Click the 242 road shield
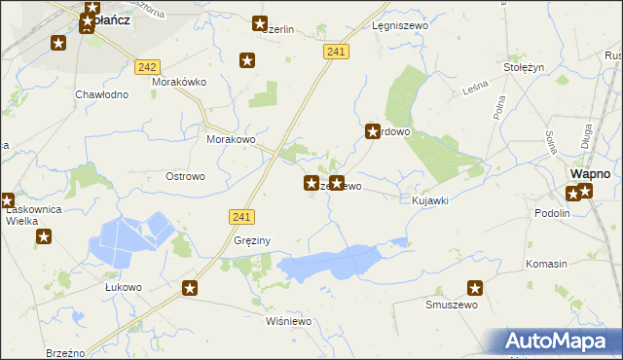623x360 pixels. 148,66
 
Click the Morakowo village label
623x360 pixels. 231,139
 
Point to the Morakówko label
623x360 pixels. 179,82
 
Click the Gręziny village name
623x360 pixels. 252,240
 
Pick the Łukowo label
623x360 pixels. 124,287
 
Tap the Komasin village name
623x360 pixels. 546,265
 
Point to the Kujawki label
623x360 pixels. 429,199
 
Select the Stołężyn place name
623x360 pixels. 523,68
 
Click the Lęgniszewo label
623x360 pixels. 395,28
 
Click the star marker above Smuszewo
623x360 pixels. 475,288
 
